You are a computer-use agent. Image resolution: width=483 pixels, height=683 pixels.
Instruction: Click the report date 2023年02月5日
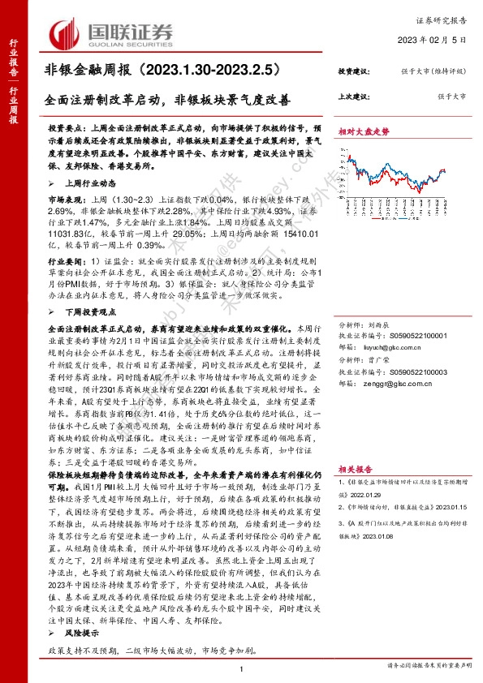(x=434, y=39)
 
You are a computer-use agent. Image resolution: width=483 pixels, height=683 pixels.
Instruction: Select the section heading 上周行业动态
(x=85, y=183)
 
